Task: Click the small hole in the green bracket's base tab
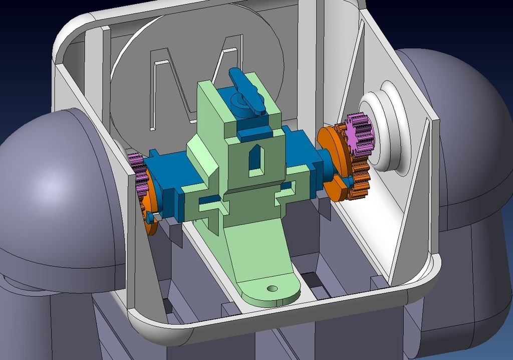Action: tap(272, 289)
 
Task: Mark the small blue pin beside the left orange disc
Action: tap(150, 217)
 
